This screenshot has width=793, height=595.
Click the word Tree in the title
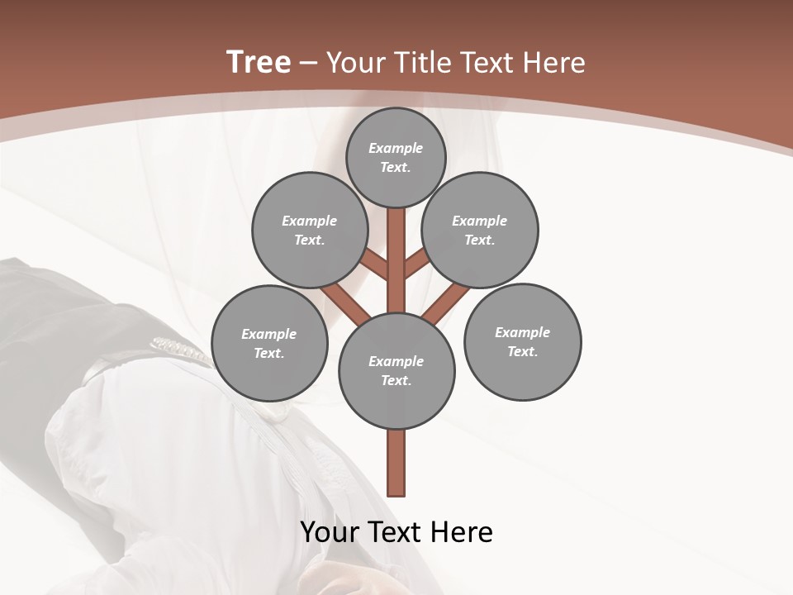click(x=259, y=62)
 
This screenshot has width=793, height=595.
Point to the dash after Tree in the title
click(x=309, y=64)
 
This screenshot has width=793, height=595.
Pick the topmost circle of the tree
click(x=396, y=157)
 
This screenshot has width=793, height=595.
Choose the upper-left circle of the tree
click(x=310, y=230)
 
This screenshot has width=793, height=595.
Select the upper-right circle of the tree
click(x=480, y=230)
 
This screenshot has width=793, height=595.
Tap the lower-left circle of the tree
click(x=269, y=343)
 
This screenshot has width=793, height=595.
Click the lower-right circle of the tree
click(x=522, y=341)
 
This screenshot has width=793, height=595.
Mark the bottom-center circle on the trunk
click(x=396, y=370)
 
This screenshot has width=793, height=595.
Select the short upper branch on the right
click(x=416, y=262)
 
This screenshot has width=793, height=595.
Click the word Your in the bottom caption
click(x=330, y=532)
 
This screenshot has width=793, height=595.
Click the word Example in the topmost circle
click(x=396, y=148)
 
